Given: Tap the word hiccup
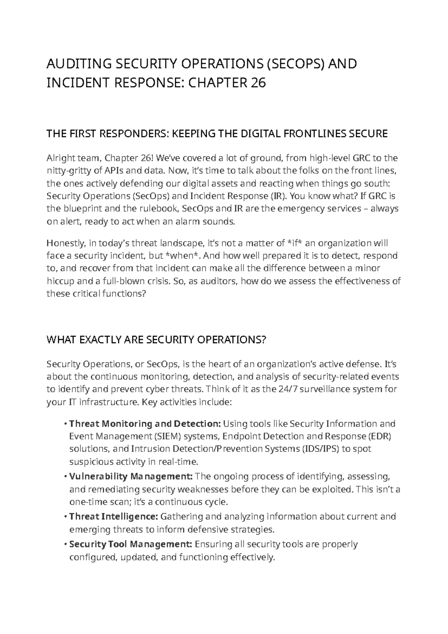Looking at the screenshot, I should pos(59,281).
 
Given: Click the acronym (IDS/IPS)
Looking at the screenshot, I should pos(321,449).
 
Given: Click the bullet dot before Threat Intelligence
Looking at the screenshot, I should pos(66,517).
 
